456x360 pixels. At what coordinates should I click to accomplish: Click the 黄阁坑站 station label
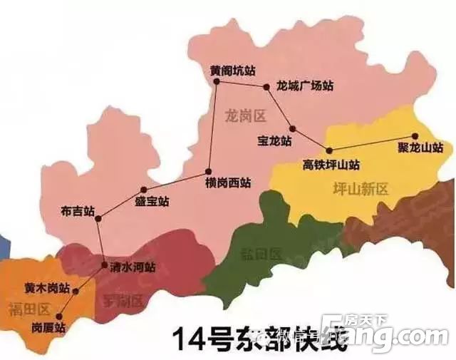pyautogui.click(x=232, y=71)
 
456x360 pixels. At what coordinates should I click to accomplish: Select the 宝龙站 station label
pyautogui.click(x=275, y=141)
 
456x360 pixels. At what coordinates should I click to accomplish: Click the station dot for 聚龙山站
pyautogui.click(x=413, y=136)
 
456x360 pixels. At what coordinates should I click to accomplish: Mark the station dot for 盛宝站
pyautogui.click(x=143, y=190)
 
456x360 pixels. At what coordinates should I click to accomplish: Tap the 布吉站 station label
pyautogui.click(x=78, y=211)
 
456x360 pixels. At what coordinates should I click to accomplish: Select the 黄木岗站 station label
pyautogui.click(x=47, y=289)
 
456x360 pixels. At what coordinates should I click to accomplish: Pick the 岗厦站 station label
pyautogui.click(x=48, y=328)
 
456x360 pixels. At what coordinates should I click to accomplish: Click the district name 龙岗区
pyautogui.click(x=244, y=114)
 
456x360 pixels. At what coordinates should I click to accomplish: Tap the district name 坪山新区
pyautogui.click(x=361, y=189)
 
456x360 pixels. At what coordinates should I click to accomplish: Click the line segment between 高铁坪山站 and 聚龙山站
pyautogui.click(x=370, y=143)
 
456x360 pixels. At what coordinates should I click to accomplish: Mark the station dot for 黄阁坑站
pyautogui.click(x=217, y=81)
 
